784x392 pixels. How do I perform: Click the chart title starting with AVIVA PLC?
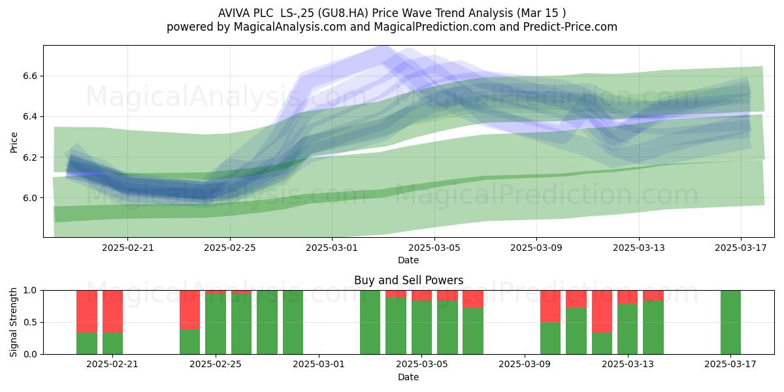(392, 13)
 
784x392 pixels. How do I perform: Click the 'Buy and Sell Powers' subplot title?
(408, 280)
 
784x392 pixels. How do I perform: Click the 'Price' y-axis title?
(14, 142)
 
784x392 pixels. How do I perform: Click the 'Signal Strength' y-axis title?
(13, 322)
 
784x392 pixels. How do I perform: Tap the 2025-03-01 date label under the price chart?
(332, 248)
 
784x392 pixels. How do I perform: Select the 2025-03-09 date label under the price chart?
(536, 248)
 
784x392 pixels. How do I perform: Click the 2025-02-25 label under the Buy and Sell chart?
(215, 365)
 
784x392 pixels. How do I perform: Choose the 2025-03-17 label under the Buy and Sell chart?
(730, 365)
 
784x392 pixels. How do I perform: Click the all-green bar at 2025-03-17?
(730, 322)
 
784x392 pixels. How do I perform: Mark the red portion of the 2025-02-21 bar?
(112, 312)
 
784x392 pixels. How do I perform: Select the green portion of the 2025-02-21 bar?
(112, 344)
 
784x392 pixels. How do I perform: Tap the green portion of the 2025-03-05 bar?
(422, 327)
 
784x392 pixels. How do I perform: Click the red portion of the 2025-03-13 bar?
(628, 297)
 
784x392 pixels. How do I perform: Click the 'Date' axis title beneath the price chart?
(408, 261)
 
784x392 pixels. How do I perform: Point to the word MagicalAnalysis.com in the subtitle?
(290, 27)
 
